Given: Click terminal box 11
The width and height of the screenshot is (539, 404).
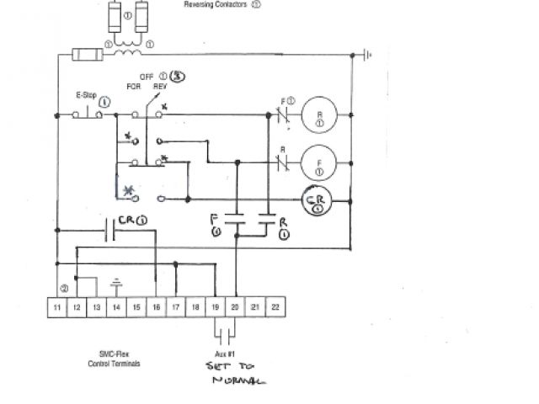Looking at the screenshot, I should [x=56, y=308].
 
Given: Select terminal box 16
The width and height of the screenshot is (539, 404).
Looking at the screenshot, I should [x=157, y=308].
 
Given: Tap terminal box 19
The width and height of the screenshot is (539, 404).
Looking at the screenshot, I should [x=216, y=308].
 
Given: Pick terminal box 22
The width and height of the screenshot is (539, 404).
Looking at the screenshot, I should [x=275, y=308].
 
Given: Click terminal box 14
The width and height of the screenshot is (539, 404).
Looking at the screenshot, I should [x=116, y=308].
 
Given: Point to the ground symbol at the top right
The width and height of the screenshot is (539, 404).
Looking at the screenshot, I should [x=366, y=56].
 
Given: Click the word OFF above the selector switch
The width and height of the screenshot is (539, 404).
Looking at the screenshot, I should [x=146, y=76].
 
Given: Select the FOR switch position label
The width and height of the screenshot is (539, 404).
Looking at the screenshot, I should [x=133, y=86].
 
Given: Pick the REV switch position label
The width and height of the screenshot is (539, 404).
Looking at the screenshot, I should [x=159, y=86].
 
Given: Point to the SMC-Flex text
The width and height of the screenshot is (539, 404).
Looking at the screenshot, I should [x=115, y=354].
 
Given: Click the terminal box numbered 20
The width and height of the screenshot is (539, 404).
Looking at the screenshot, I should [x=236, y=308].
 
